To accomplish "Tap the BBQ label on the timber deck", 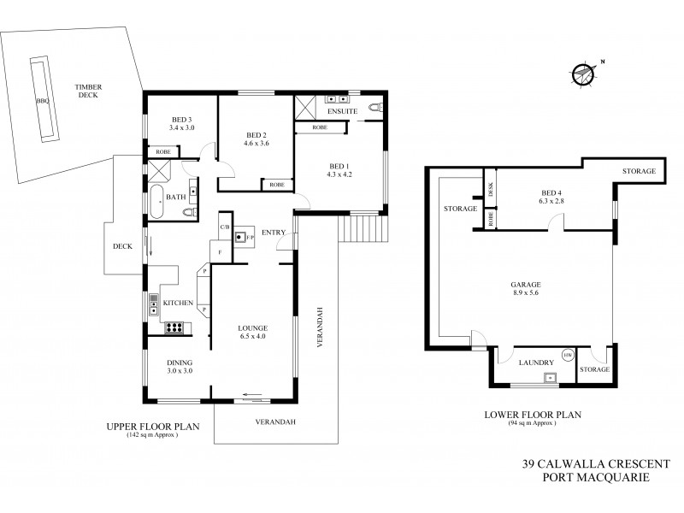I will pyautogui.click(x=42, y=100).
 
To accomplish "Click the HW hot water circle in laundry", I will pyautogui.click(x=567, y=355).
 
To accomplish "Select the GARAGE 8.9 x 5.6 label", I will pyautogui.click(x=526, y=290).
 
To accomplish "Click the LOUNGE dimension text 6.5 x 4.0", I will pyautogui.click(x=253, y=337).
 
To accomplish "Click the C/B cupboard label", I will pyautogui.click(x=224, y=227).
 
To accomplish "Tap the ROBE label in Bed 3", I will pyautogui.click(x=162, y=153).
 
